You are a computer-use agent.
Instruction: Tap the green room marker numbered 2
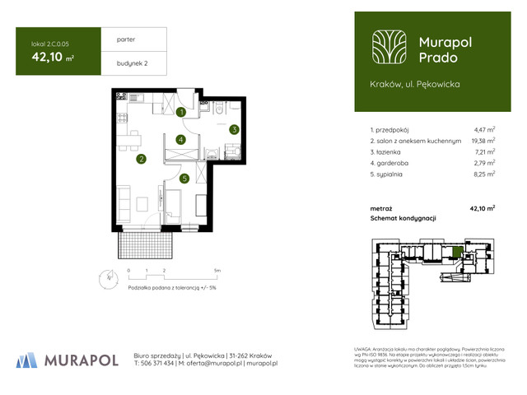pos(142,160)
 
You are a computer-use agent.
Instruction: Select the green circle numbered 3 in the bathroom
pos(234,129)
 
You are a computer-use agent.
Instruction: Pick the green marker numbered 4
pos(180,140)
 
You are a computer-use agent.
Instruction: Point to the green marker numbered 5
pos(185,178)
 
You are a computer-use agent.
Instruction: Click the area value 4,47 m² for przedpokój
pos(484,130)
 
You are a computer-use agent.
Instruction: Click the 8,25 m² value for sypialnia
pos(484,174)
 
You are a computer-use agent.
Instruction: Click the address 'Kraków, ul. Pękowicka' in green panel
pos(414,84)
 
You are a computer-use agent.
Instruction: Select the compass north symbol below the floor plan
pos(105,277)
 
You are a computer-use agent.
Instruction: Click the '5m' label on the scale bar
pos(217,270)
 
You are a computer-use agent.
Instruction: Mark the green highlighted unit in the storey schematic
pos(457,252)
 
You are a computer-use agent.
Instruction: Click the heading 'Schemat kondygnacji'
pos(403,218)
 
